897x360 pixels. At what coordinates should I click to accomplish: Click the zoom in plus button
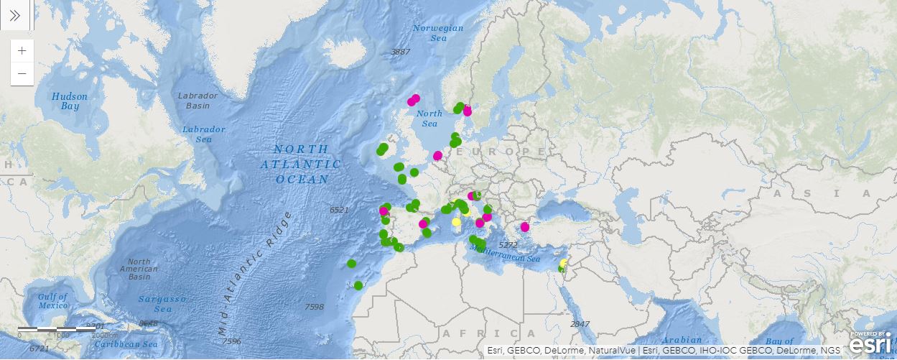pos(22,51)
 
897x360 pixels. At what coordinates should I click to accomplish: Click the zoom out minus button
pos(22,73)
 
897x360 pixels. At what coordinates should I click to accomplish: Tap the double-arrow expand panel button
pos(14,15)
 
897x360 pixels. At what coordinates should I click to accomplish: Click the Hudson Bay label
pos(70,101)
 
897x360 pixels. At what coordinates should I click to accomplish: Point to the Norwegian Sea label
pos(438,32)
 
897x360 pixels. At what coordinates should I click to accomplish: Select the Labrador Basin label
pos(197,101)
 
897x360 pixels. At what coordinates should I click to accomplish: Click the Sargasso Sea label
pos(163,304)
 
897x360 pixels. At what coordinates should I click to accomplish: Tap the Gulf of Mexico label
pos(53,301)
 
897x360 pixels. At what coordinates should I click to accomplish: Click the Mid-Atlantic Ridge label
pos(256,273)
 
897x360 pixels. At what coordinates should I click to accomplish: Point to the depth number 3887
pos(400,52)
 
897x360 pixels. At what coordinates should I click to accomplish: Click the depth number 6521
pos(338,210)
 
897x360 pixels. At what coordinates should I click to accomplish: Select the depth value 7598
pos(315,307)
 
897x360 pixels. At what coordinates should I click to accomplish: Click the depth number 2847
pos(579,324)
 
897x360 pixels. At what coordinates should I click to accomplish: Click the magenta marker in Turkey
pos(525,227)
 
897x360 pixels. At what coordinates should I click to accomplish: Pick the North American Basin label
pos(139,269)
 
